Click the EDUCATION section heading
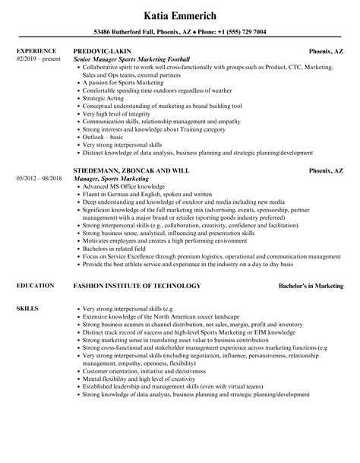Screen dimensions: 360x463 35,286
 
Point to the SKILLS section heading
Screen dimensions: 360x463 28,309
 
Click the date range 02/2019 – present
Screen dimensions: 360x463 37,59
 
